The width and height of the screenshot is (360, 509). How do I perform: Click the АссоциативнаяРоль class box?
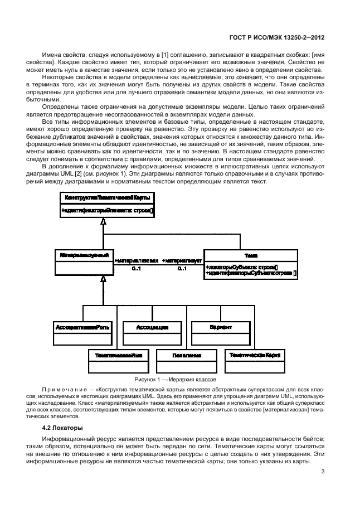click(82, 333)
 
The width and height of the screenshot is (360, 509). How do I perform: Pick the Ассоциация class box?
click(152, 333)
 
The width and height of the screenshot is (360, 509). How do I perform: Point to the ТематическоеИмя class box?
click(116, 360)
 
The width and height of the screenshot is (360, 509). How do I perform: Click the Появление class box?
click(186, 360)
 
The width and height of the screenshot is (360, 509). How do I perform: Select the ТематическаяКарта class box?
click(255, 360)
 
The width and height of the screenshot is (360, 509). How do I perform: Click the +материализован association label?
click(137, 260)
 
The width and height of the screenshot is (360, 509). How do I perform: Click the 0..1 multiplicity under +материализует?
click(182, 269)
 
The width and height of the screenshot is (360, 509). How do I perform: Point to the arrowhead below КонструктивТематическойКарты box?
click(103, 221)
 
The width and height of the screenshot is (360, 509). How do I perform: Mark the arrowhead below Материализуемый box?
click(103, 278)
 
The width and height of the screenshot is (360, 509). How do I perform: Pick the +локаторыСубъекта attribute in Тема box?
click(241, 267)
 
